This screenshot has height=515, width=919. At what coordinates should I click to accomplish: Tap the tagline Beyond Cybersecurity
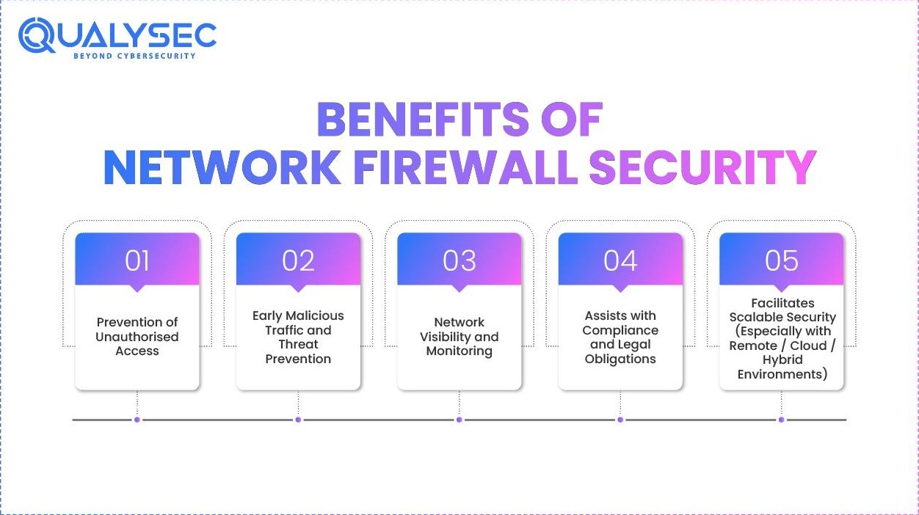pos(134,56)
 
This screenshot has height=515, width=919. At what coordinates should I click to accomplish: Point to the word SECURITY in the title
pos(702,167)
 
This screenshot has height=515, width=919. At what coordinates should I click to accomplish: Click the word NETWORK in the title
pos(222,167)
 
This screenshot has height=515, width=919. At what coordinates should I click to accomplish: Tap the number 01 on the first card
pos(137,260)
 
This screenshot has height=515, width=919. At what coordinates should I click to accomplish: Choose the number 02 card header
pos(298,260)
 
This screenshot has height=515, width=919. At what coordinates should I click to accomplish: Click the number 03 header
pos(459,260)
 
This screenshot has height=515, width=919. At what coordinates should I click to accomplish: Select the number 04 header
pos(620,260)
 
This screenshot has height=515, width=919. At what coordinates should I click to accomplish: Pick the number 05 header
pos(781,260)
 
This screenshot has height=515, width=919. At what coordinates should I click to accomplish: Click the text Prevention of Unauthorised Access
pos(137,337)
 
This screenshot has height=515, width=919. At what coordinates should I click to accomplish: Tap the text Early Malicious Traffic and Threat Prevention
pos(298,337)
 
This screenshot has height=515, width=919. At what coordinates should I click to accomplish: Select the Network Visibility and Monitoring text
pos(459,337)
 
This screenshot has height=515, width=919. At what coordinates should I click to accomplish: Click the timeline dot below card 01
pos(137,420)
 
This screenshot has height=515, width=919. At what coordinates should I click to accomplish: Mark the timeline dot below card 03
pos(459,420)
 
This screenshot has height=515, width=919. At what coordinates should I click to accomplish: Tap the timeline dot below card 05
pos(781,420)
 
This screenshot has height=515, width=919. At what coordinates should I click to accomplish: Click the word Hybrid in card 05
pos(782,359)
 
